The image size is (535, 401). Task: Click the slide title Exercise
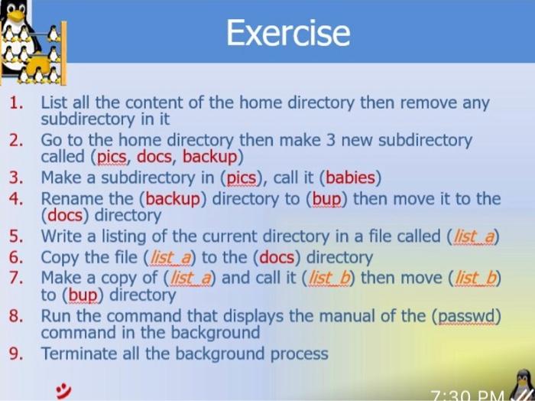pos(288,32)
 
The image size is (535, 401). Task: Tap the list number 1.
pos(16,103)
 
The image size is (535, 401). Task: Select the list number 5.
pos(16,236)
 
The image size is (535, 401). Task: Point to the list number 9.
pos(16,354)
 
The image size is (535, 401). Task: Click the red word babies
pos(350,178)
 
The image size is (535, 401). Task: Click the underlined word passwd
pos(466,317)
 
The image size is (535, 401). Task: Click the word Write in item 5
pos(61,236)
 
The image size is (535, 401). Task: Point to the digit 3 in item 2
pos(330,140)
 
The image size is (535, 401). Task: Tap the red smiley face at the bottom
pos(63,391)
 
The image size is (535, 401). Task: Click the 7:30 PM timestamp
pos(468,396)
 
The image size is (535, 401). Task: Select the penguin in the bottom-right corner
pos(522,385)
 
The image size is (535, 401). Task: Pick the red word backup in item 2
pos(210,157)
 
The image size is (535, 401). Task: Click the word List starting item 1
pos(54,103)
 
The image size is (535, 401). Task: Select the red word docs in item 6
pos(277,258)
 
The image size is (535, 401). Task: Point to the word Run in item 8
pos(56,316)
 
